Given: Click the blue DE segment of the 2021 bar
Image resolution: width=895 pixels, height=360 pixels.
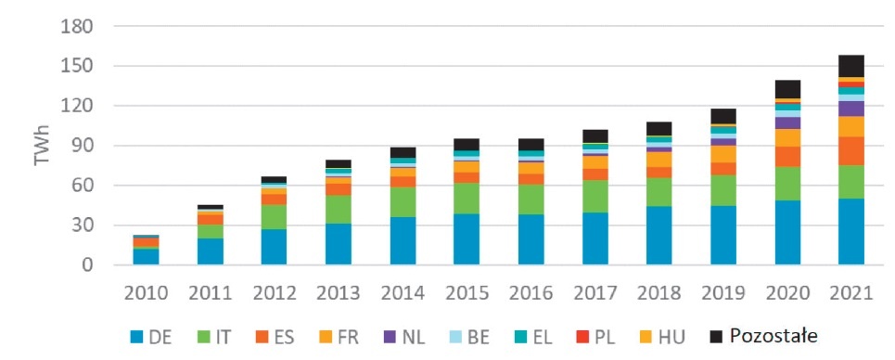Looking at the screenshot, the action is pyautogui.click(x=851, y=231).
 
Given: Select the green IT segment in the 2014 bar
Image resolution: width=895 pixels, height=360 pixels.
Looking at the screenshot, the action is pyautogui.click(x=403, y=201).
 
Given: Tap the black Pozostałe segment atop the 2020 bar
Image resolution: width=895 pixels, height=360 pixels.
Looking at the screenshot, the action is pyautogui.click(x=787, y=89).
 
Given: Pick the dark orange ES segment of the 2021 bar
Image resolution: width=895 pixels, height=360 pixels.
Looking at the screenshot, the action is pyautogui.click(x=851, y=151).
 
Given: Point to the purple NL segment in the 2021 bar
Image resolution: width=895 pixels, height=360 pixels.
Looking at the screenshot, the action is pyautogui.click(x=851, y=109).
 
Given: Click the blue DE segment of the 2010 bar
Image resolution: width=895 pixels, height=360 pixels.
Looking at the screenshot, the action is pyautogui.click(x=147, y=257).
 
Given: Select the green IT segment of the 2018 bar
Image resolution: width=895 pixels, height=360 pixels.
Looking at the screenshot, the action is pyautogui.click(x=659, y=192).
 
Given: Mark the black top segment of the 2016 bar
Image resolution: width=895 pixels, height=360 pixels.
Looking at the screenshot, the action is pyautogui.click(x=531, y=145).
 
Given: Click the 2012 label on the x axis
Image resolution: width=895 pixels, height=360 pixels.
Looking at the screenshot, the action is pyautogui.click(x=275, y=293).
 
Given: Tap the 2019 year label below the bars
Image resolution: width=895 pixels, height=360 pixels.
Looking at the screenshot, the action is pyautogui.click(x=723, y=293).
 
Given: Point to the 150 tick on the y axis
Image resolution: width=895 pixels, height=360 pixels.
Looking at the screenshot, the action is pyautogui.click(x=78, y=66).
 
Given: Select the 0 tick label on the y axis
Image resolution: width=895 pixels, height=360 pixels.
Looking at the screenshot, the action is pyautogui.click(x=88, y=265).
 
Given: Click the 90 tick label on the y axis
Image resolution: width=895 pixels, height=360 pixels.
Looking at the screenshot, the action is pyautogui.click(x=83, y=146).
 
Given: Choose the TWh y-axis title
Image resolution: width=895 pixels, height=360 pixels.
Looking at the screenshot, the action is pyautogui.click(x=43, y=145).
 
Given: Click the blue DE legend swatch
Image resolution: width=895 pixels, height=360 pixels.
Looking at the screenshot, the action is pyautogui.click(x=135, y=337).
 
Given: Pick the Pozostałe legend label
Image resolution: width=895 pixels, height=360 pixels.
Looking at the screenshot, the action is pyautogui.click(x=774, y=337).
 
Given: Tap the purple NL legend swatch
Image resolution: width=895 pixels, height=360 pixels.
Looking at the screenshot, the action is pyautogui.click(x=390, y=337).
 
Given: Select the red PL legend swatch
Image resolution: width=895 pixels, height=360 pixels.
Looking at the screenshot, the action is pyautogui.click(x=582, y=337).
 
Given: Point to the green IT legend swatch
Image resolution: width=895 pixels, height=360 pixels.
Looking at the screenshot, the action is pyautogui.click(x=202, y=337).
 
